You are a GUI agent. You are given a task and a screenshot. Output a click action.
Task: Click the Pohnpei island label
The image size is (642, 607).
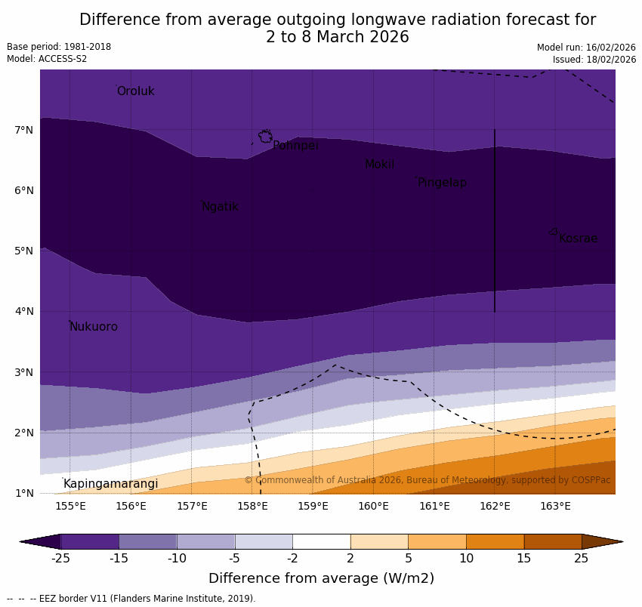tap(295, 146)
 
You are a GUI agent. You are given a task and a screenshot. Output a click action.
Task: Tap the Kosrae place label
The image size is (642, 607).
tap(578, 239)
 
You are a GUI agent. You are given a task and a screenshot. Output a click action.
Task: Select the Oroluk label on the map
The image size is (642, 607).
tap(135, 91)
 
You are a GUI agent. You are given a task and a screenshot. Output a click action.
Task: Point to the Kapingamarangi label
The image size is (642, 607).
tap(110, 484)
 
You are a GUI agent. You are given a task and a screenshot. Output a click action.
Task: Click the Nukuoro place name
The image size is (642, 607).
tap(94, 327)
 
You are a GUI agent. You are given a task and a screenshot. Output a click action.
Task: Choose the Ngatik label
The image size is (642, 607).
tap(220, 207)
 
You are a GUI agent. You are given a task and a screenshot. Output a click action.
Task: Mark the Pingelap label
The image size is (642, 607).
tap(442, 183)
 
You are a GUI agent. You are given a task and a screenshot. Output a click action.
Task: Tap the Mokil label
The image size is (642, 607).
tap(379, 165)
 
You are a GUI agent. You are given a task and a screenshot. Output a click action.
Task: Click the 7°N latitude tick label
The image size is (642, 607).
tap(23, 131)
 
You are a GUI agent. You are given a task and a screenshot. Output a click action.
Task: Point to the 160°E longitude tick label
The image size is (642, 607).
tap(373, 506)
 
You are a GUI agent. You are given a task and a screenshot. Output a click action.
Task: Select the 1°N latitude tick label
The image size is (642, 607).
tap(23, 494)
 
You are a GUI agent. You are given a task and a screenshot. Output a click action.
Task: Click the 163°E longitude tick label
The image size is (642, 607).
tap(555, 506)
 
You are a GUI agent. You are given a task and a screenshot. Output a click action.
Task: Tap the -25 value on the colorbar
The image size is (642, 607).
tap(60, 559)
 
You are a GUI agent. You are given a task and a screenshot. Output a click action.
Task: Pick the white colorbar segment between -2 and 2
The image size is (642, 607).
tap(321, 541)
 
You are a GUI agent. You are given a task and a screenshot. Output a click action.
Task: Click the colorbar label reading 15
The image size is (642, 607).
tap(524, 559)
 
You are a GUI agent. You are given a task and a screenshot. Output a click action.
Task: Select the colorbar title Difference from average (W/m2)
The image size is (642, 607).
tap(321, 579)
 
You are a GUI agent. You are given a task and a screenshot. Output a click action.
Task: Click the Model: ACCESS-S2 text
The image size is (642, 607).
tap(47, 59)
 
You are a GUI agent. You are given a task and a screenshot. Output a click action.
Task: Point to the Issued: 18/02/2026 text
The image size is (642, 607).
tap(594, 60)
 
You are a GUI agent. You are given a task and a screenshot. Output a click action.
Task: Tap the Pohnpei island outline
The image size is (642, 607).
tap(265, 136)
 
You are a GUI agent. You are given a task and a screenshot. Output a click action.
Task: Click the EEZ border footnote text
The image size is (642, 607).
tap(131, 599)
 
